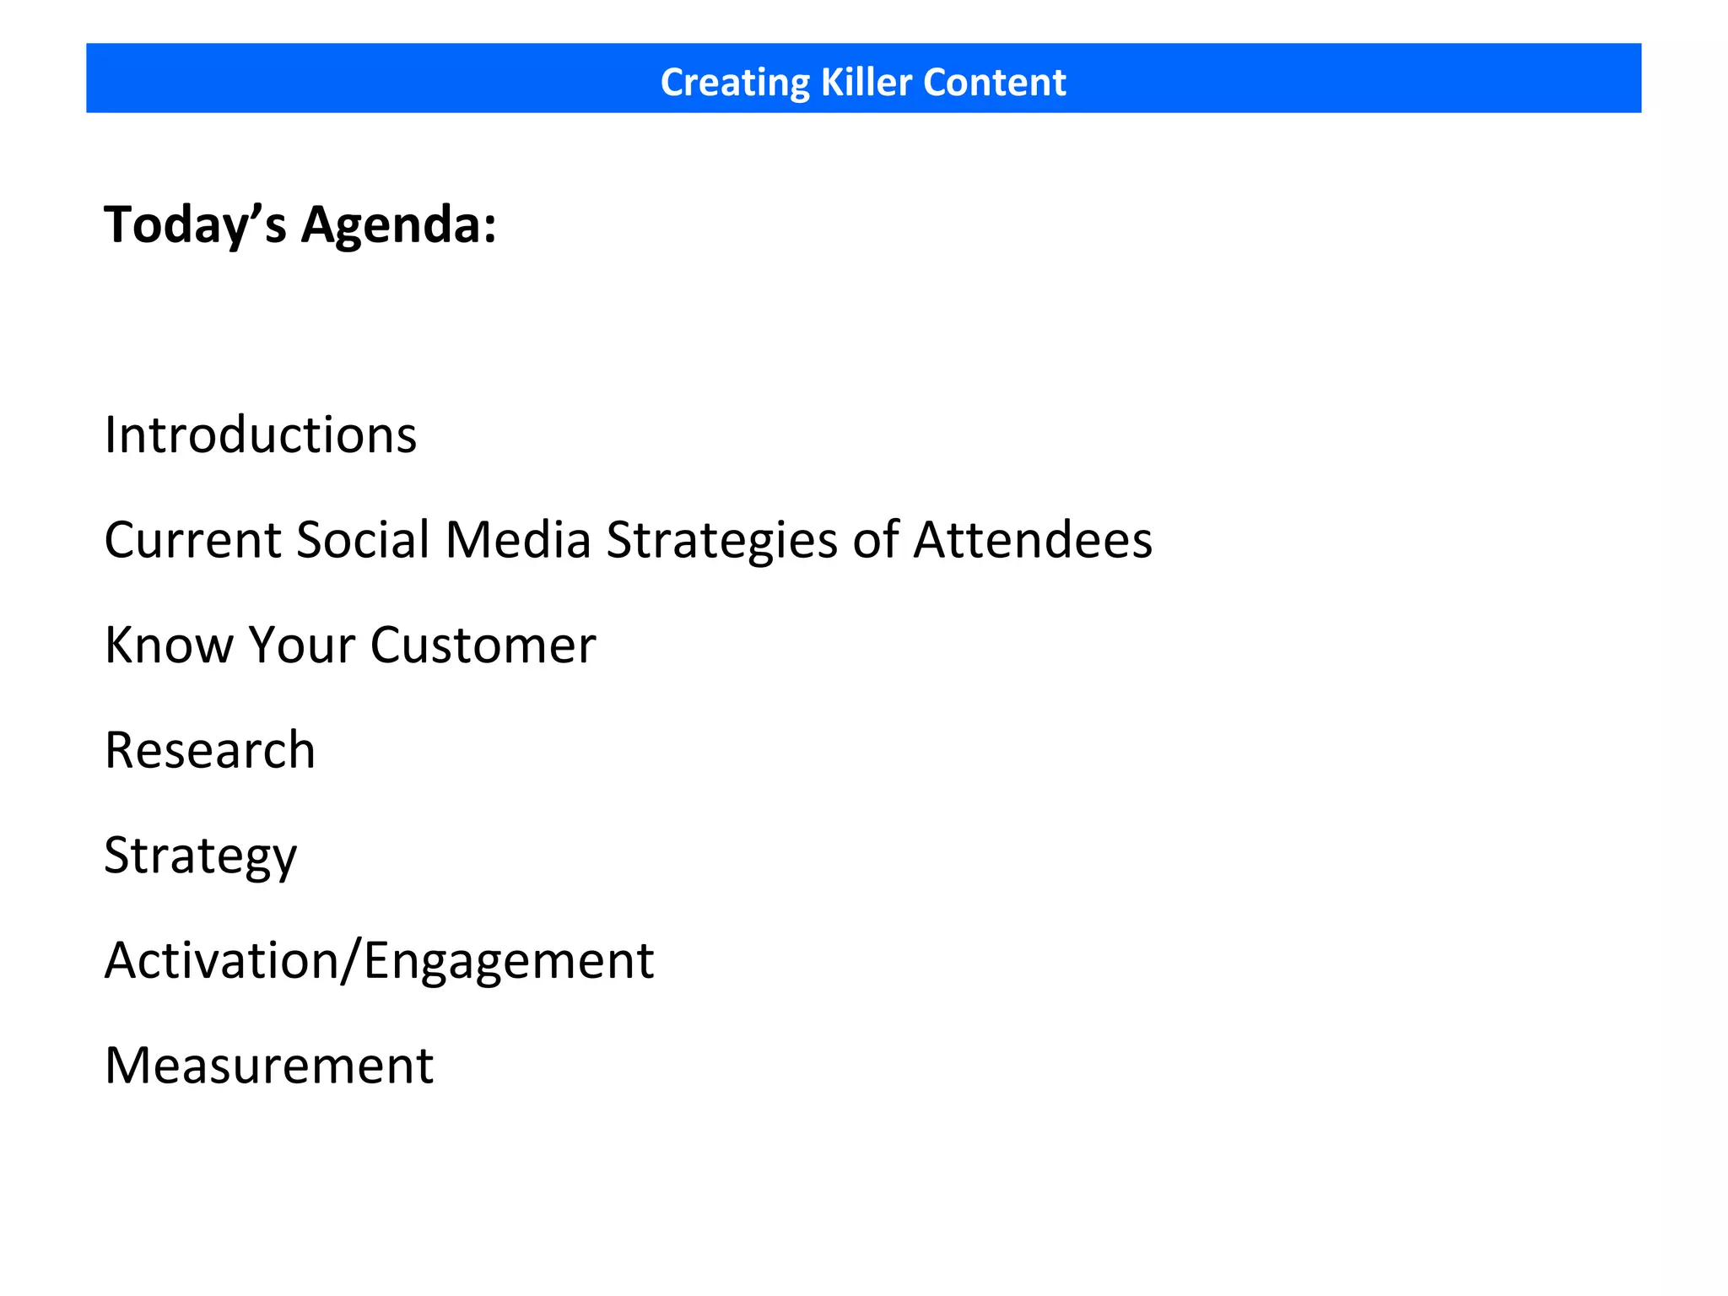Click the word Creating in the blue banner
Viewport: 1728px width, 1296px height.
point(734,83)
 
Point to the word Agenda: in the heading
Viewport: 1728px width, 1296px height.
point(399,225)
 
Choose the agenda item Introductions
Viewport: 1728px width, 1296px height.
point(261,435)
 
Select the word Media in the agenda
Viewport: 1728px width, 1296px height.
point(517,540)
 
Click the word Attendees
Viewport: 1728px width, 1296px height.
point(1033,540)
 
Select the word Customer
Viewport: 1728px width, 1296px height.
point(483,645)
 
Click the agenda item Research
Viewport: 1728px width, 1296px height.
point(210,750)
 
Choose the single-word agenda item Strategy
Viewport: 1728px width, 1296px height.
point(201,856)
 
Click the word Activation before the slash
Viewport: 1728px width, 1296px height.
point(221,961)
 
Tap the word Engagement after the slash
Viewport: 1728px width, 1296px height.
point(509,961)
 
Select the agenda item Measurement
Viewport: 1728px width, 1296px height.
point(269,1066)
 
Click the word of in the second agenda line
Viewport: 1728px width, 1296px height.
point(876,540)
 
